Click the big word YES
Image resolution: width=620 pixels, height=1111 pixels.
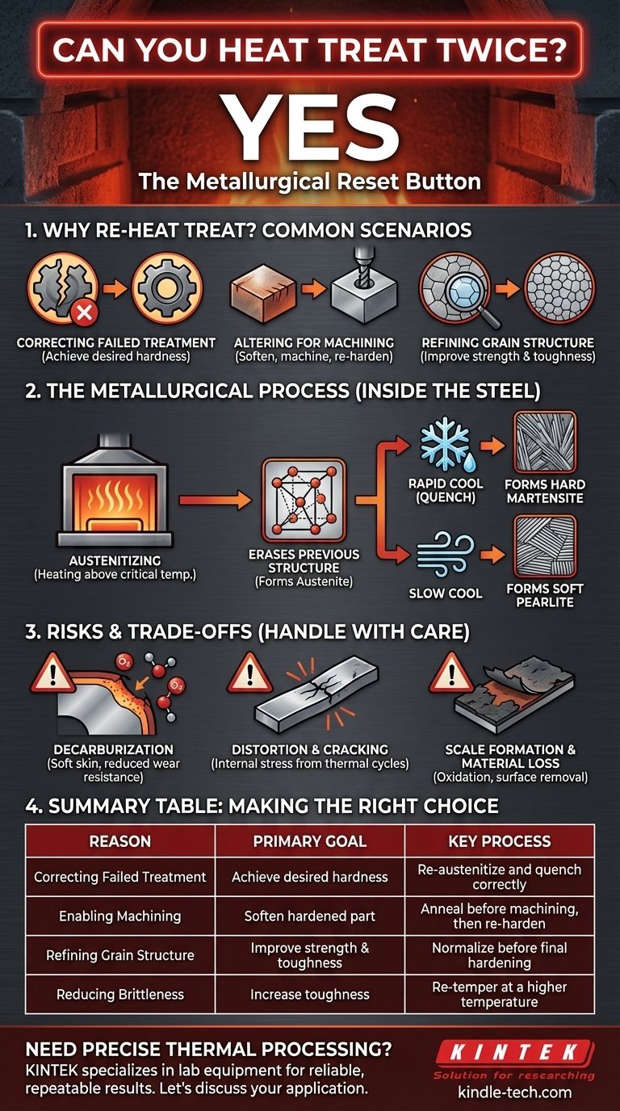click(x=311, y=127)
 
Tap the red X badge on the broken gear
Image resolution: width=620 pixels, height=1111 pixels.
click(x=84, y=313)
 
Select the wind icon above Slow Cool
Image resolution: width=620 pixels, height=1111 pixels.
click(x=445, y=554)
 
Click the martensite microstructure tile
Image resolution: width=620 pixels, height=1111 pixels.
click(x=545, y=443)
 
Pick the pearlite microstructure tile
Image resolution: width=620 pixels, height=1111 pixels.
click(x=545, y=547)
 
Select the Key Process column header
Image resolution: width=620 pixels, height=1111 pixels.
click(x=500, y=841)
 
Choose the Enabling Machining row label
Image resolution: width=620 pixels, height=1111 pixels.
click(x=120, y=916)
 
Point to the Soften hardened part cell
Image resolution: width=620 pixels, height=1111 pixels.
click(x=310, y=916)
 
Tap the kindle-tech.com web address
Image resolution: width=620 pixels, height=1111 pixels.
click(x=515, y=1092)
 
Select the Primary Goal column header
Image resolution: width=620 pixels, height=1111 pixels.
click(x=310, y=841)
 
